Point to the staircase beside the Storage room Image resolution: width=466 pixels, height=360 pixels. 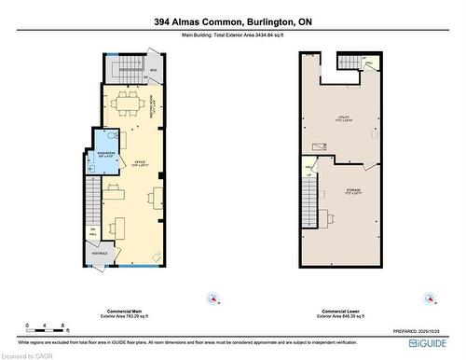click(309, 195)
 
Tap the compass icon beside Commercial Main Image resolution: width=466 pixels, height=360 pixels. click(214, 300)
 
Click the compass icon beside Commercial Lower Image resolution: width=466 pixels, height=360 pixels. click(430, 300)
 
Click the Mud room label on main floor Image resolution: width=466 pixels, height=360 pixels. click(153, 70)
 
